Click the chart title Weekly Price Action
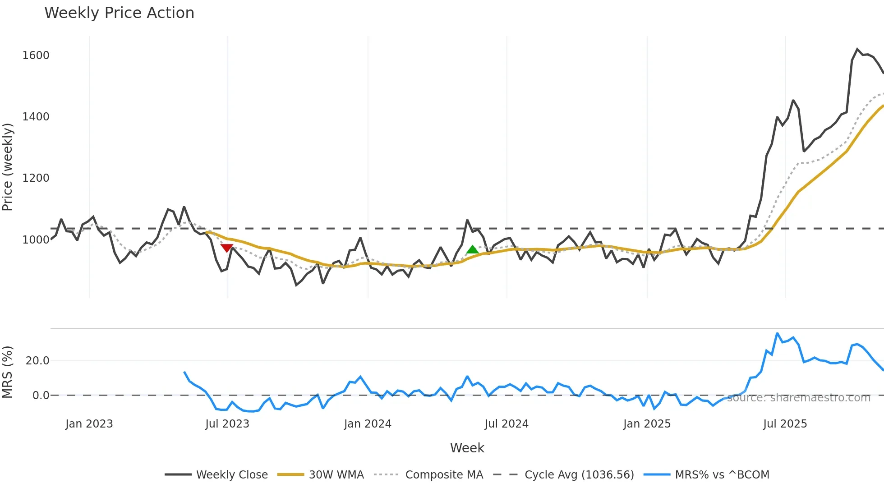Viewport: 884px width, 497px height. (x=119, y=13)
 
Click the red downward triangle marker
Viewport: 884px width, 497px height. (x=227, y=248)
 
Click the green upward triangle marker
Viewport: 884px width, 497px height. (x=472, y=249)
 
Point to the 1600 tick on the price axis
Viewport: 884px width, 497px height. (x=36, y=55)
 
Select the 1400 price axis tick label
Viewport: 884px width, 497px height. (x=36, y=117)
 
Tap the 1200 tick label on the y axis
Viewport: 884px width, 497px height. (x=36, y=178)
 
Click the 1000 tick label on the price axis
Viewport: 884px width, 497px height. (x=36, y=240)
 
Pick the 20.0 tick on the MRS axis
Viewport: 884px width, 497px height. (x=37, y=361)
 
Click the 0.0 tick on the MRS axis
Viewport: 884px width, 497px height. (x=41, y=396)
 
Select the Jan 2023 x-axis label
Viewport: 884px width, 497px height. (x=89, y=424)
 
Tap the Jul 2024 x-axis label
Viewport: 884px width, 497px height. (x=506, y=424)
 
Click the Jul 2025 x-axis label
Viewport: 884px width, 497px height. (x=785, y=424)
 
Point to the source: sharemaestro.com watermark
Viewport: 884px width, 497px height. (x=798, y=398)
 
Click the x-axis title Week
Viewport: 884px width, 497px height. (x=467, y=448)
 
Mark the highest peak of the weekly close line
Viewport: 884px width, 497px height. (x=857, y=49)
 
